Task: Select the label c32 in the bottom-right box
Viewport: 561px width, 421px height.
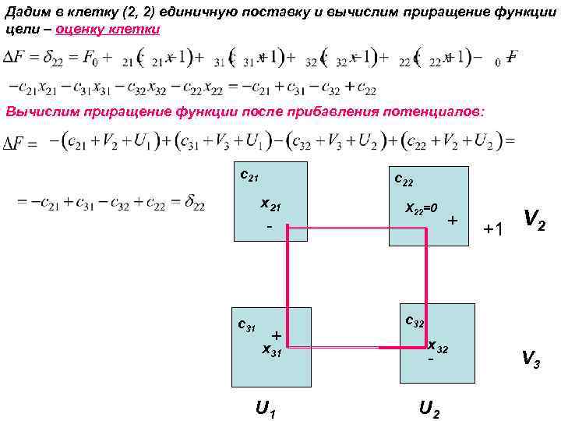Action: (415, 321)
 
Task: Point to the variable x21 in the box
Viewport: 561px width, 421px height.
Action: (270, 207)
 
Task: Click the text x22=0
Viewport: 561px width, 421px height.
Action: (422, 209)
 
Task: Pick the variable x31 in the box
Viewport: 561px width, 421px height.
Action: (272, 351)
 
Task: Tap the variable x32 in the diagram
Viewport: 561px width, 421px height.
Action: (437, 345)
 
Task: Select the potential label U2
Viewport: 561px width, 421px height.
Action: (429, 406)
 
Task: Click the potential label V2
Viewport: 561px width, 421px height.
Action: (535, 221)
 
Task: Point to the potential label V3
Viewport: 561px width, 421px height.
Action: (532, 359)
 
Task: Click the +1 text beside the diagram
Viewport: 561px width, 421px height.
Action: (494, 229)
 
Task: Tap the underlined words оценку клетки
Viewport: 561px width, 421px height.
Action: (108, 28)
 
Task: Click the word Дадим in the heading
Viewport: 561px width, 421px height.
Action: (25, 9)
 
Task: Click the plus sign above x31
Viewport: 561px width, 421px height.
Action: (276, 334)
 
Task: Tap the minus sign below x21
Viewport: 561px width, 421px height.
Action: (268, 228)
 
